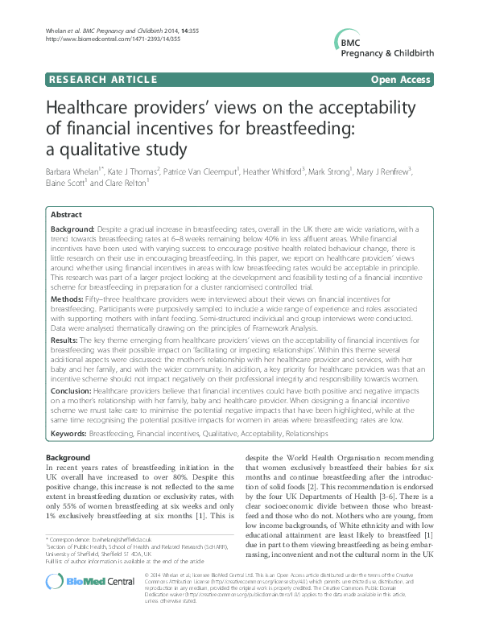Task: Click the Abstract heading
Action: [x=66, y=215]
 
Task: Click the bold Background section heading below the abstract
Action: [x=68, y=458]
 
